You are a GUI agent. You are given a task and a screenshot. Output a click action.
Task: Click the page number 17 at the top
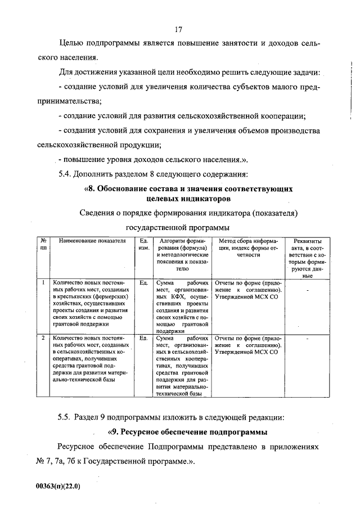point(179,29)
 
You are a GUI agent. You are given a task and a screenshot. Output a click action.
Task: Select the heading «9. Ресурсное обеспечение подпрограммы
point(187,432)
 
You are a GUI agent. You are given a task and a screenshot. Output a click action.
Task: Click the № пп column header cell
point(43,244)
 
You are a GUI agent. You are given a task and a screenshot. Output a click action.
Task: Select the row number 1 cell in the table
point(43,283)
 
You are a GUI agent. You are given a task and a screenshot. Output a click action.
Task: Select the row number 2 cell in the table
point(43,339)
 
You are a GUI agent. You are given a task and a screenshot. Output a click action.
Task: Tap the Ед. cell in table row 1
point(143,283)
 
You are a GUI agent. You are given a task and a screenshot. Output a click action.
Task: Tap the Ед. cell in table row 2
point(143,339)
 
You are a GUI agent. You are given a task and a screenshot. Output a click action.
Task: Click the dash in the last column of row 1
point(307,290)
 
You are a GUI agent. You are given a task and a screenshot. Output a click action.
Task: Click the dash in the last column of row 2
point(307,339)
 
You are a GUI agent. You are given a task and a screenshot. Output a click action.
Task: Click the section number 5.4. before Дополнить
point(68,173)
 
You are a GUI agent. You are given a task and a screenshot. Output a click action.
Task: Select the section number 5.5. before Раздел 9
point(68,417)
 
